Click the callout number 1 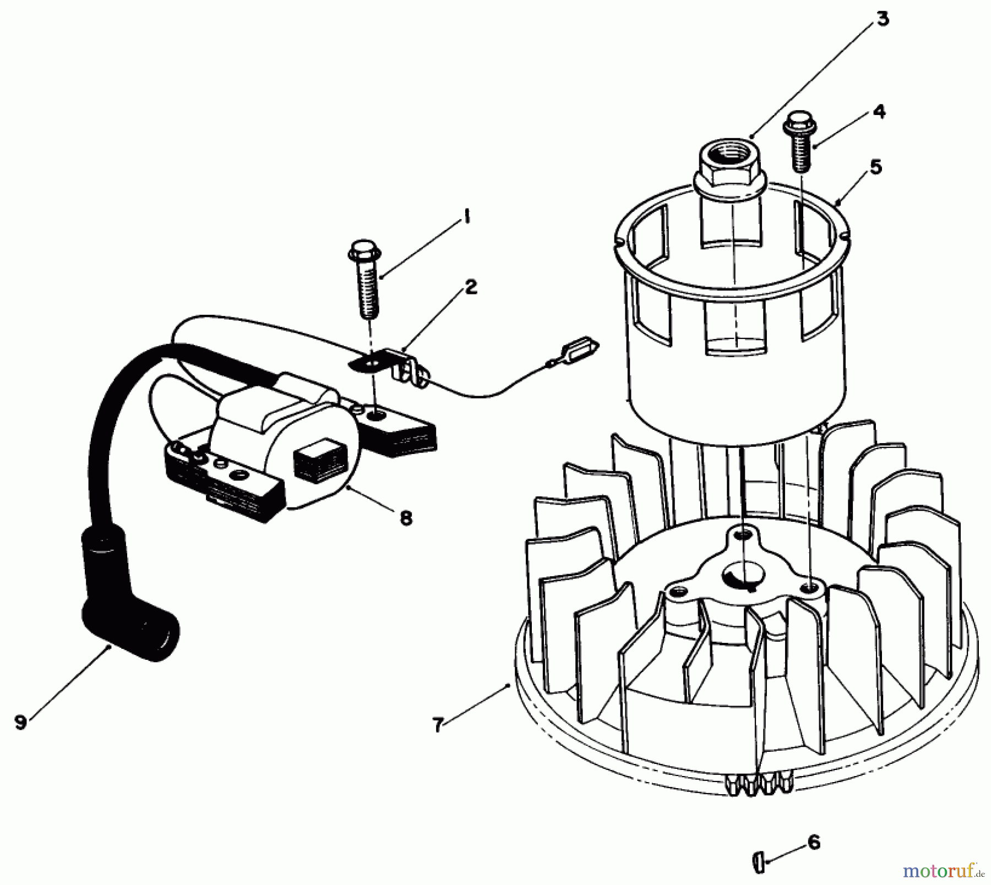[x=466, y=218]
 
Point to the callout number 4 [x=879, y=112]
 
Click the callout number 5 [x=876, y=167]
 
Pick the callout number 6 [x=814, y=843]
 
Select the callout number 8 [x=406, y=518]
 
